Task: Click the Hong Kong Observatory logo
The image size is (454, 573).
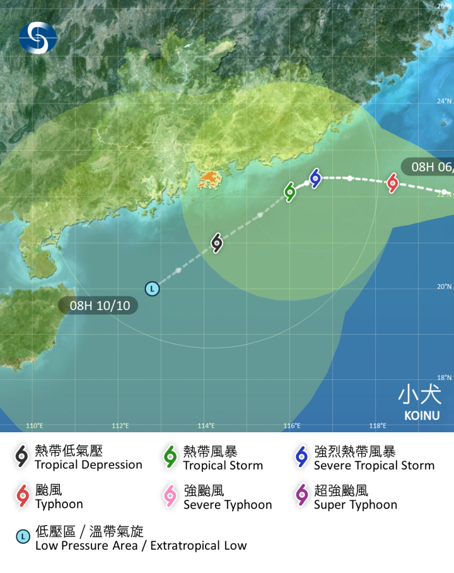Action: pyautogui.click(x=37, y=37)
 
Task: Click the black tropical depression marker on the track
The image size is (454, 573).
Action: pyautogui.click(x=217, y=243)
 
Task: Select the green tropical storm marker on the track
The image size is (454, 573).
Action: pyautogui.click(x=290, y=192)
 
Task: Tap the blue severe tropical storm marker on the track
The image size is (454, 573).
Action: pyautogui.click(x=315, y=179)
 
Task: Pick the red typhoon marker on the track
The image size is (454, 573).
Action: pyautogui.click(x=393, y=184)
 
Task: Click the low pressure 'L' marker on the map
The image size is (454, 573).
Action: pyautogui.click(x=152, y=289)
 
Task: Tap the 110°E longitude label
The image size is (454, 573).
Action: pyautogui.click(x=35, y=425)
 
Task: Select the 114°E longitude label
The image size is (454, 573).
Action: pyautogui.click(x=206, y=425)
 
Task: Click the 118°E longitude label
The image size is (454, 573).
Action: pyautogui.click(x=377, y=425)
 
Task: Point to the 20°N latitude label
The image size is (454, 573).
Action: pyautogui.click(x=445, y=286)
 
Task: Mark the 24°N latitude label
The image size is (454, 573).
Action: pyautogui.click(x=445, y=101)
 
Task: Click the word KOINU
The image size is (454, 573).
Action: pyautogui.click(x=422, y=416)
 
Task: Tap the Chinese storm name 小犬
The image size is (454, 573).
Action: pyautogui.click(x=419, y=394)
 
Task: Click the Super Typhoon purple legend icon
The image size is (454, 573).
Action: pyautogui.click(x=302, y=496)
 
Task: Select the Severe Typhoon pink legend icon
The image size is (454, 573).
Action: pyautogui.click(x=170, y=496)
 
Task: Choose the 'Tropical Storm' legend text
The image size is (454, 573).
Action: pyautogui.click(x=223, y=466)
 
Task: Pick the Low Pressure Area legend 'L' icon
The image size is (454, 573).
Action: pyautogui.click(x=23, y=537)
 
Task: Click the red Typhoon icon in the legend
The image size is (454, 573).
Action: pyautogui.click(x=23, y=496)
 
